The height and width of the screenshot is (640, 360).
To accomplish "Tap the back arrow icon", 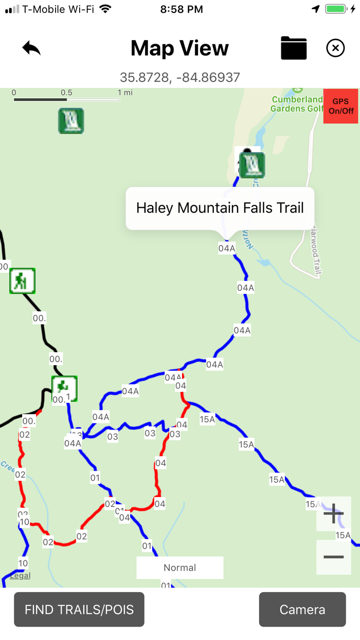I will tap(31, 48).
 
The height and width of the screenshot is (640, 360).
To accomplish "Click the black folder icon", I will tap(294, 48).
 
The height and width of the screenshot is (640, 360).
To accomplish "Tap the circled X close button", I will tap(335, 48).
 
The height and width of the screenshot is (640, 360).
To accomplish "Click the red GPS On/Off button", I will tap(340, 106).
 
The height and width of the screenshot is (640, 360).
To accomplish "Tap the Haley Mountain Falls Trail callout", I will tap(220, 208).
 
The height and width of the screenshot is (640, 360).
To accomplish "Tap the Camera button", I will tap(302, 610).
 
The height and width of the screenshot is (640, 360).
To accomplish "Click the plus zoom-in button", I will tap(334, 513).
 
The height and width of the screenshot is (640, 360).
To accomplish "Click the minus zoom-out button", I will tap(334, 557).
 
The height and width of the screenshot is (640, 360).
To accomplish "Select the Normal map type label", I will tap(180, 567).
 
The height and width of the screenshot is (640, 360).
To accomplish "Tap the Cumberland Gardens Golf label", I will tap(297, 104).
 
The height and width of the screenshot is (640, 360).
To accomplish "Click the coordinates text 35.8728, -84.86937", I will tap(180, 77).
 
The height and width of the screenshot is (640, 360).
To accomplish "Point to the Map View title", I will tap(180, 48).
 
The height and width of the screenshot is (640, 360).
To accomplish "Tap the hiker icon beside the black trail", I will tap(22, 281).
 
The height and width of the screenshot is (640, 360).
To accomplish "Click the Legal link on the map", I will tap(20, 576).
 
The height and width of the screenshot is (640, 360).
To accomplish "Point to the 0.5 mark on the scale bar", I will tap(66, 93).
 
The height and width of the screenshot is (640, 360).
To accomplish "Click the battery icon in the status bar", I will tap(336, 9).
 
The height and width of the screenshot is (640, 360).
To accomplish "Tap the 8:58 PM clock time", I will tap(182, 9).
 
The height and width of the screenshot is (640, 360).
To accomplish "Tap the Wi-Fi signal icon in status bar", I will tap(105, 9).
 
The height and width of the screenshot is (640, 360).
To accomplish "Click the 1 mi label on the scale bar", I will tap(125, 93).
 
